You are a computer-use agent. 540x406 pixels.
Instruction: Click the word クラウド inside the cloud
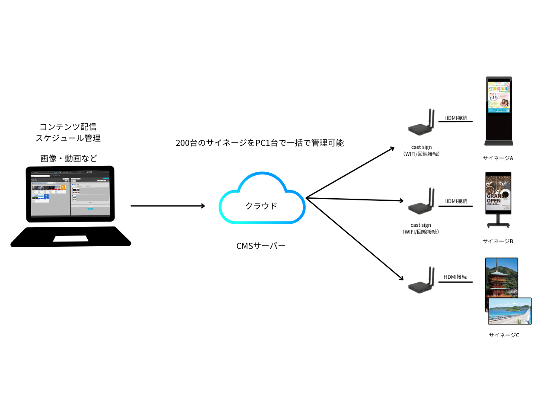(x=261, y=206)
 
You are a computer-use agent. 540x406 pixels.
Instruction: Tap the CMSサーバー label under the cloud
(x=261, y=246)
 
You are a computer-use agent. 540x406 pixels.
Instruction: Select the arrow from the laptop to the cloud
(x=168, y=206)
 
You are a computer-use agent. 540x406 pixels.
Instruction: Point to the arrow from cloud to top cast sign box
(x=350, y=173)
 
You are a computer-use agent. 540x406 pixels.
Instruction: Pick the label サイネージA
(x=498, y=158)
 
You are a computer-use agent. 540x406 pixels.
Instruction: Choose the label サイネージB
(x=498, y=241)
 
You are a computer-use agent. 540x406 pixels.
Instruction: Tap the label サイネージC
(x=504, y=335)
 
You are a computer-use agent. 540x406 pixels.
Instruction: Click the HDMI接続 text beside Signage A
(x=456, y=118)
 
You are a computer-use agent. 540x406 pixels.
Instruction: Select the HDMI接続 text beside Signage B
(x=456, y=201)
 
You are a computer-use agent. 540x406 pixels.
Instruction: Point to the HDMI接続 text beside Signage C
(x=455, y=277)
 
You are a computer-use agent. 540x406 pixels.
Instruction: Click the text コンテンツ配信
(x=68, y=127)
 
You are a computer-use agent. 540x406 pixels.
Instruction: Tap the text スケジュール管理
(x=68, y=139)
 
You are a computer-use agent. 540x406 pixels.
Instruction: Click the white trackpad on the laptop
(x=71, y=238)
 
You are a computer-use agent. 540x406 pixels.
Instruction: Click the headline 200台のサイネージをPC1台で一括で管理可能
(x=260, y=143)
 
